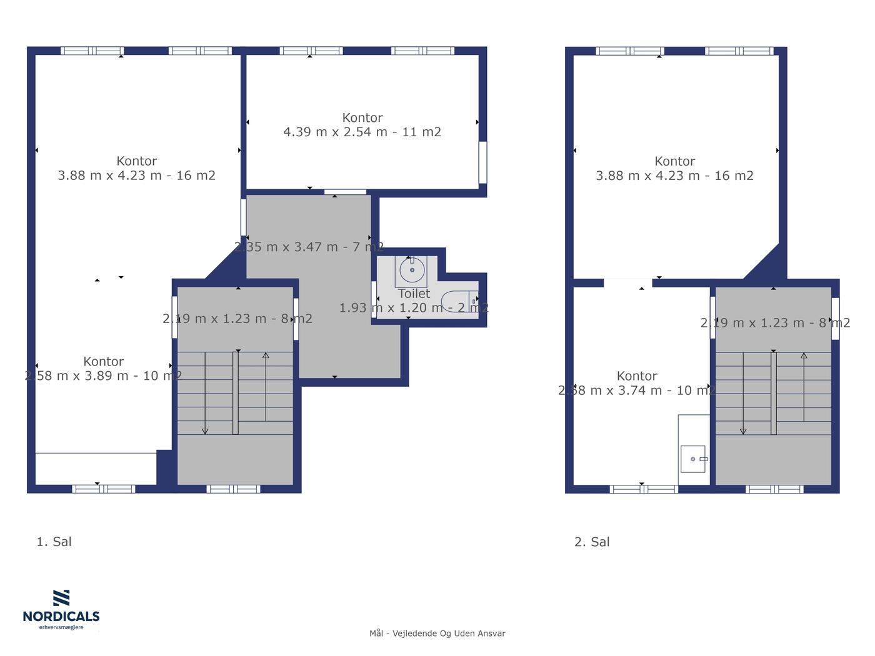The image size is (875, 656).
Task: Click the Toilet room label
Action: [414, 294]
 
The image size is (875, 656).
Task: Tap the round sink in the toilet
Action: [412, 270]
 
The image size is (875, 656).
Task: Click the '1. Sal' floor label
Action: [54, 542]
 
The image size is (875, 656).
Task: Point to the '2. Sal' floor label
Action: [592, 542]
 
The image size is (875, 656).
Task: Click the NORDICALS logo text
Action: [61, 616]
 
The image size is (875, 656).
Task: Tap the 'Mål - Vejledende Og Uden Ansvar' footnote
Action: [437, 634]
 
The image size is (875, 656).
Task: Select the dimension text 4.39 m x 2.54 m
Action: [335, 132]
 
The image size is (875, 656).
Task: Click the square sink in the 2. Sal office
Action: [693, 459]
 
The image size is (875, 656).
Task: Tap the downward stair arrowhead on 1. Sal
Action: [205, 431]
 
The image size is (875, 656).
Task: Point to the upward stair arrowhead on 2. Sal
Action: [804, 355]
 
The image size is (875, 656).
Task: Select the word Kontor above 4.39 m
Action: [362, 117]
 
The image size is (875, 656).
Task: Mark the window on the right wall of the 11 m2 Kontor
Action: [482, 162]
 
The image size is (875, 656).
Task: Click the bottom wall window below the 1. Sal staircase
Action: [233, 489]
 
